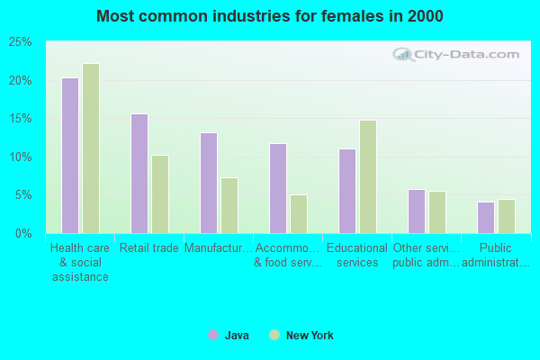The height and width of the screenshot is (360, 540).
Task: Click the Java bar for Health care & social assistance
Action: (x=69, y=156)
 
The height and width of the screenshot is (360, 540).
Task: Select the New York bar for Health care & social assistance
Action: (x=90, y=148)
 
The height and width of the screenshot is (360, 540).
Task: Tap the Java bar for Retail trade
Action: (x=139, y=174)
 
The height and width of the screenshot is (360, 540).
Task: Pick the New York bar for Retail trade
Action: (x=159, y=194)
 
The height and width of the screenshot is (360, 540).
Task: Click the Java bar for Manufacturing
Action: (x=208, y=183)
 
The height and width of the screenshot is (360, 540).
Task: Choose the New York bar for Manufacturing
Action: (x=229, y=205)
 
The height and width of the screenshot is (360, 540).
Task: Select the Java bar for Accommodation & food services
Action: (x=277, y=188)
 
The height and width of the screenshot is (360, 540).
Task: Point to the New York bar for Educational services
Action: (x=367, y=176)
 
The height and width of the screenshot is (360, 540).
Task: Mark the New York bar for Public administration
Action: (x=506, y=216)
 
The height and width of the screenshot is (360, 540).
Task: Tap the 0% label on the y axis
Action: (x=23, y=234)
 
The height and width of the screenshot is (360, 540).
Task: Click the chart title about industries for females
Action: (x=270, y=16)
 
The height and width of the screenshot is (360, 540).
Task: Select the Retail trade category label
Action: (x=148, y=248)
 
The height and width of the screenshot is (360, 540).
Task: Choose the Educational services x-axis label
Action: (x=355, y=256)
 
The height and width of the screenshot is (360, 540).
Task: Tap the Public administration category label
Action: (x=494, y=256)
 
